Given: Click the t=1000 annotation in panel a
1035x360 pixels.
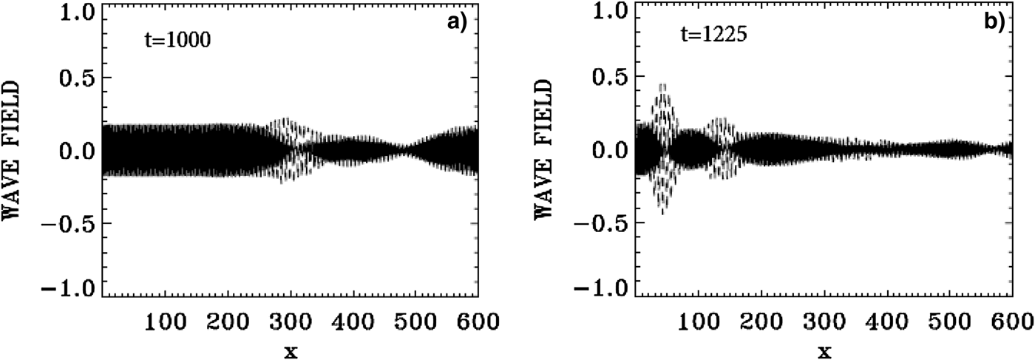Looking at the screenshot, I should (177, 41).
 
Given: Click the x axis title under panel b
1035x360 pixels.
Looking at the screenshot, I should (824, 350).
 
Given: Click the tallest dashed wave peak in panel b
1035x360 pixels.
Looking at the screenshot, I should (663, 86).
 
